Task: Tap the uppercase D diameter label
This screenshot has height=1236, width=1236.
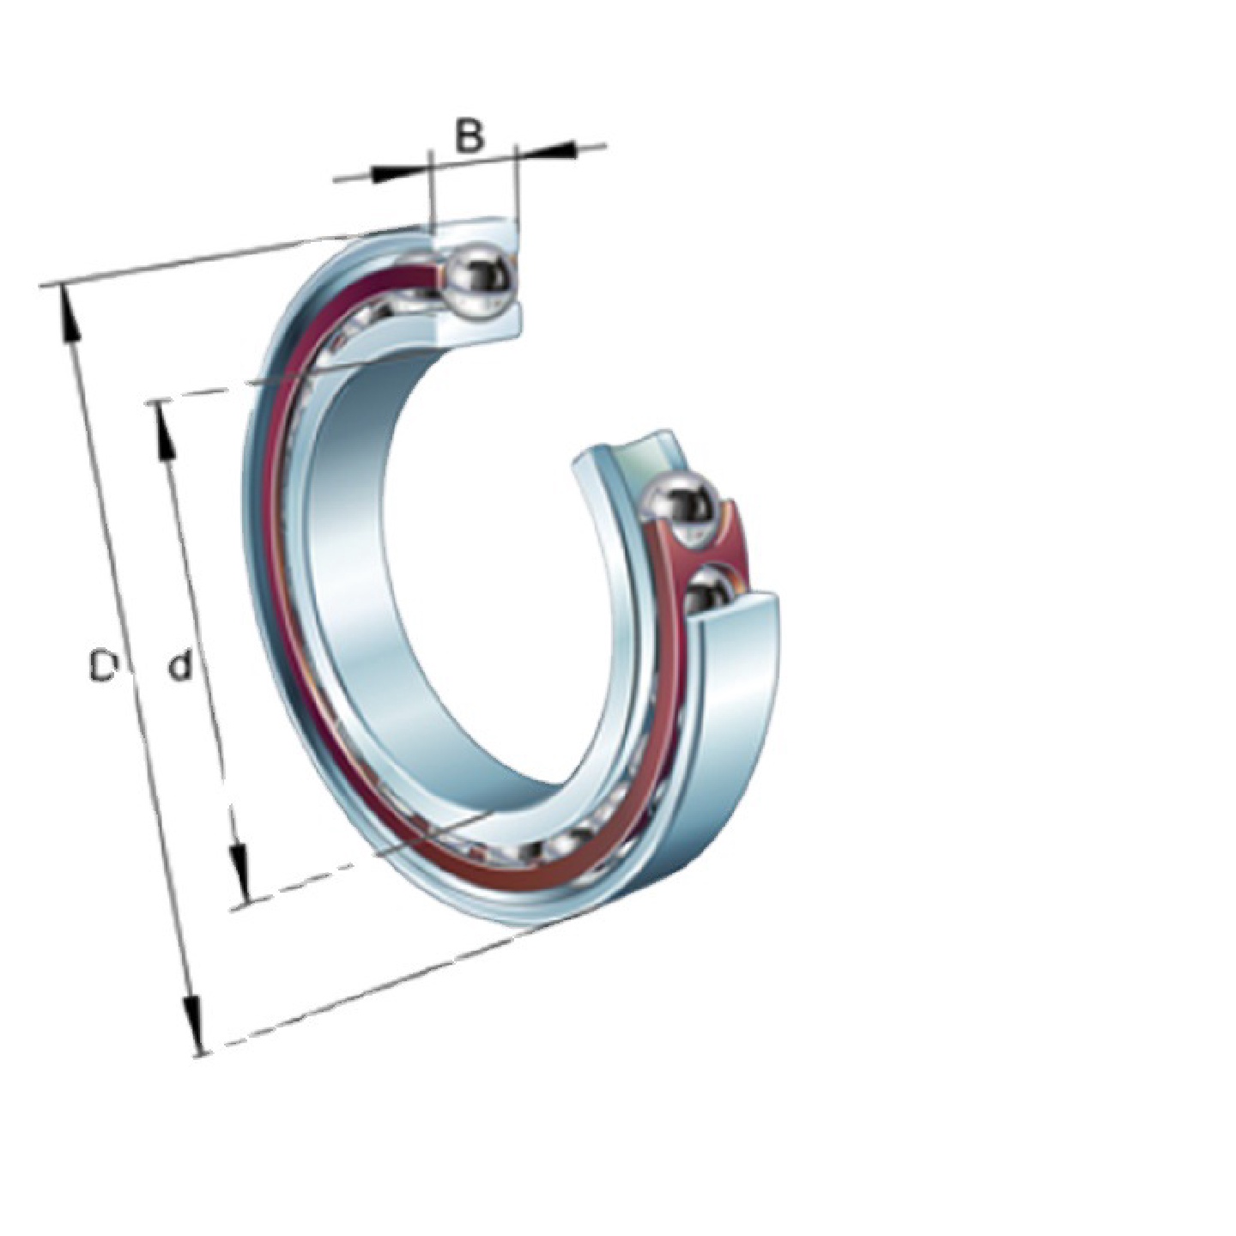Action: coord(102,666)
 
